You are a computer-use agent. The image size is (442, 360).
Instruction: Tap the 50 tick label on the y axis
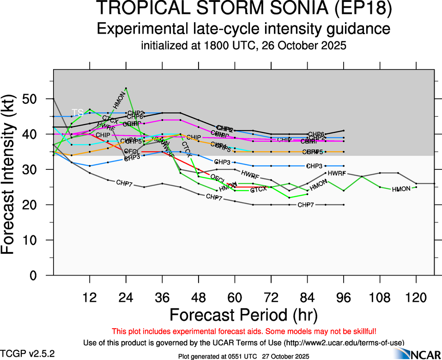35,99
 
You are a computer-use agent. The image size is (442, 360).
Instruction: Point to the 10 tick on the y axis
35,240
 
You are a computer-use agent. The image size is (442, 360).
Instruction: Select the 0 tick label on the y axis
39,276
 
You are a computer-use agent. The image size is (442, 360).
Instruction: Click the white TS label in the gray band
78,113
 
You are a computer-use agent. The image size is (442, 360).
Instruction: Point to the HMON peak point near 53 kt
126,88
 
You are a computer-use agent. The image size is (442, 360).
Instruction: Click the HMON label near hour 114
401,189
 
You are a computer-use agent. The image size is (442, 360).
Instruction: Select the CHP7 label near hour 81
306,204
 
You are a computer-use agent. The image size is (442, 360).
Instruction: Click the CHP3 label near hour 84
314,166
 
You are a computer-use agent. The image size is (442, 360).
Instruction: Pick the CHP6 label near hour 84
316,134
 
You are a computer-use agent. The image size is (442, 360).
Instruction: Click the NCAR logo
420,353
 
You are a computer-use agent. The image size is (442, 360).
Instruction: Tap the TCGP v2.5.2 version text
28,354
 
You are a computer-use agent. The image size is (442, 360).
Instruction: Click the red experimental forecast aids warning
244,331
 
